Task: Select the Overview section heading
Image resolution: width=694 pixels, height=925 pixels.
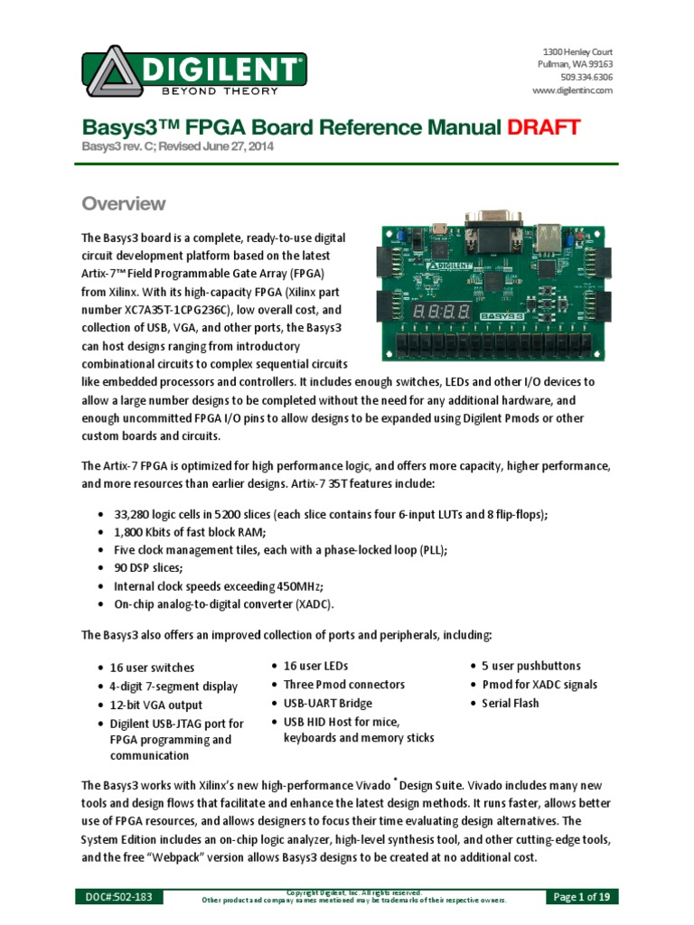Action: tap(124, 203)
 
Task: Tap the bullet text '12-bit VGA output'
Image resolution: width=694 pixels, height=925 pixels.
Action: tap(157, 705)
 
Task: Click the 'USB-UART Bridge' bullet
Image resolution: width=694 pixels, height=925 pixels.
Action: tap(327, 703)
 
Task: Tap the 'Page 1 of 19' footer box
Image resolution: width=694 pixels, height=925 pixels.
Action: tap(586, 897)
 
